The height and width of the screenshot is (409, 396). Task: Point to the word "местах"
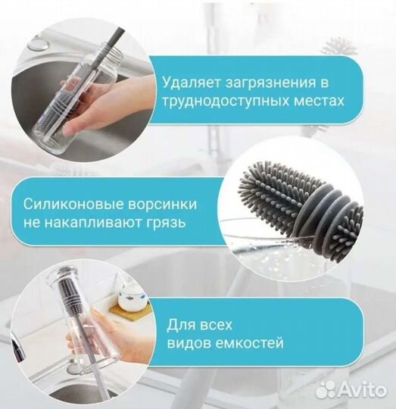(322, 101)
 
